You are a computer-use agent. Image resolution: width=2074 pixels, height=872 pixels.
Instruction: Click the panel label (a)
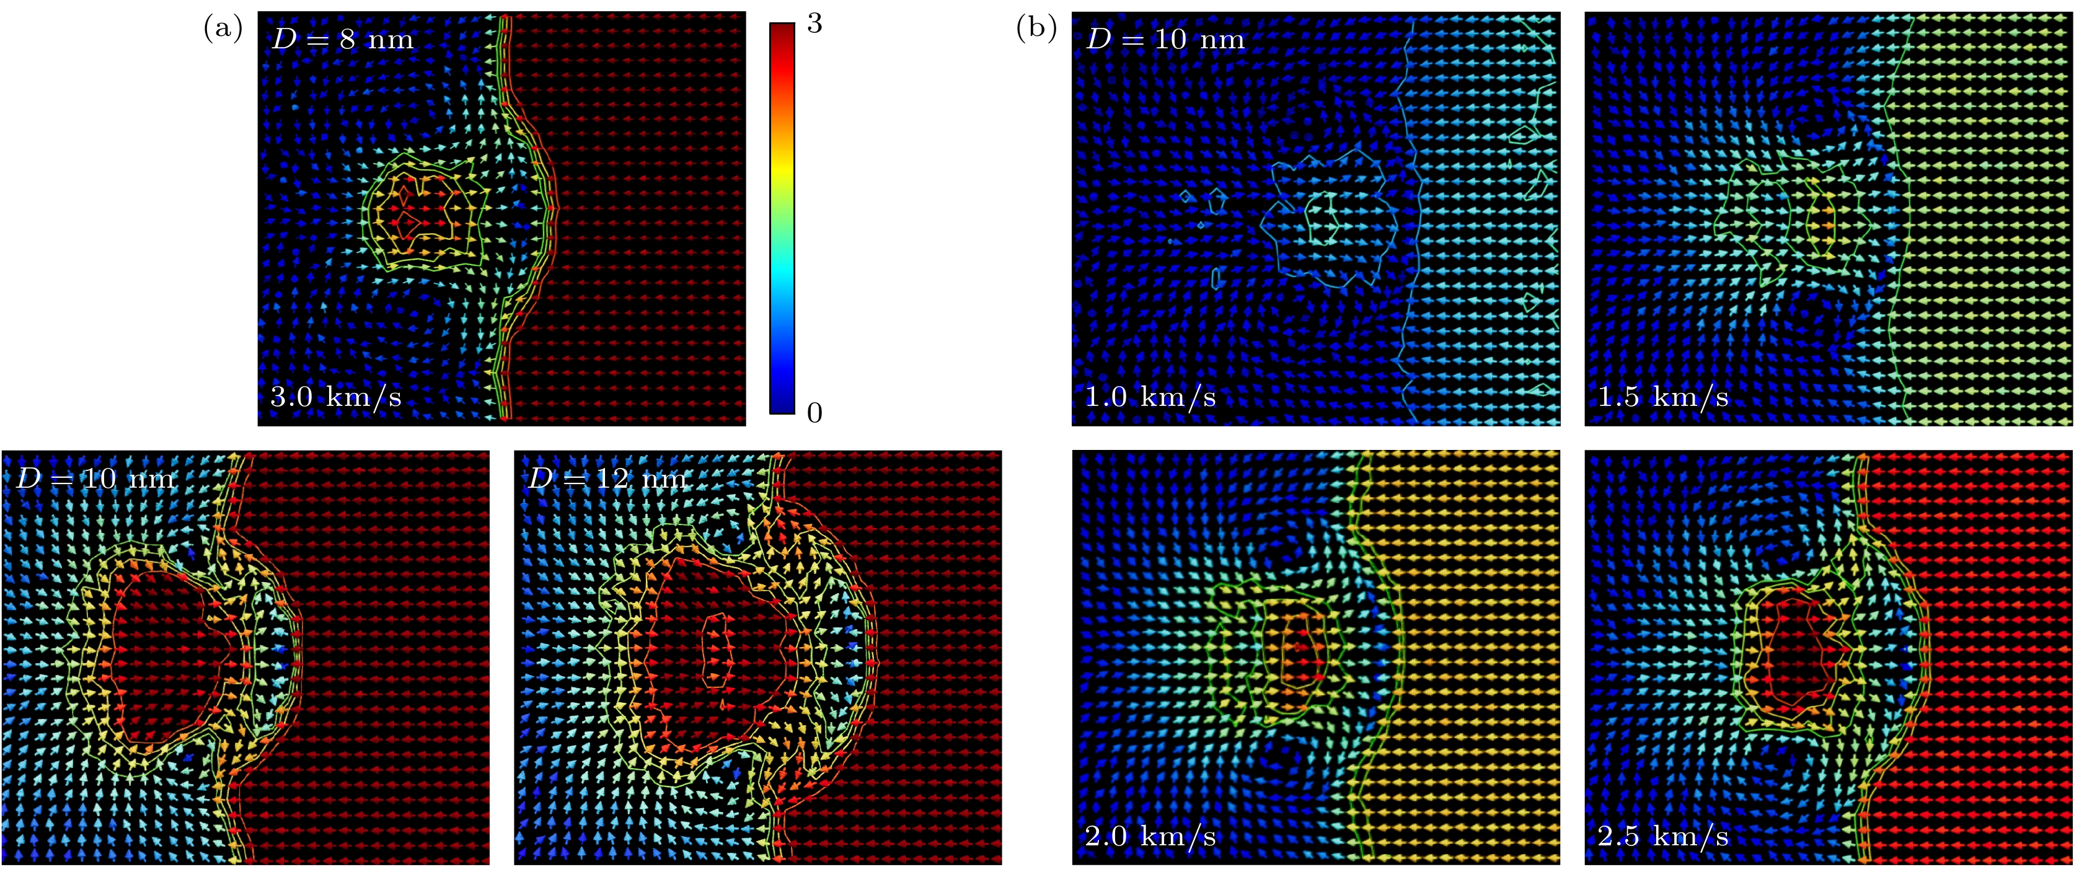click(x=223, y=30)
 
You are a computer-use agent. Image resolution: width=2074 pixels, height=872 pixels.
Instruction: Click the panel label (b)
click(x=1036, y=30)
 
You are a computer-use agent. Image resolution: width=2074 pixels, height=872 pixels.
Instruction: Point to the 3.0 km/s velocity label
click(x=336, y=397)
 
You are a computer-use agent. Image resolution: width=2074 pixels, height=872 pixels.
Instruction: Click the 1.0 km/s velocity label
click(x=1150, y=397)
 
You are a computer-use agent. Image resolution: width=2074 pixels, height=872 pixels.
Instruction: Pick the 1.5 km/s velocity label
click(x=1664, y=397)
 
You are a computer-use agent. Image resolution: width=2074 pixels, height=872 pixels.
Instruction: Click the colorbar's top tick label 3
click(x=814, y=24)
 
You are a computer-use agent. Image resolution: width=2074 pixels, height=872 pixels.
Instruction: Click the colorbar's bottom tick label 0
click(x=814, y=413)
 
